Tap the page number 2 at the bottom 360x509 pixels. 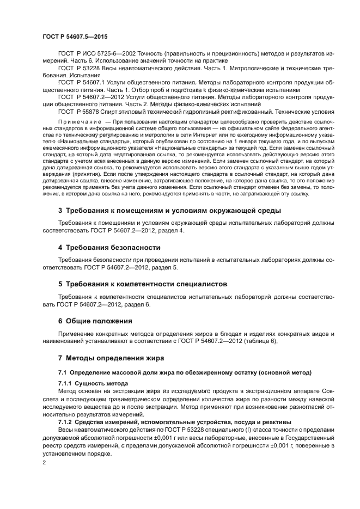[44, 462]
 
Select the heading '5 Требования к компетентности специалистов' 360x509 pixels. [143, 284]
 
